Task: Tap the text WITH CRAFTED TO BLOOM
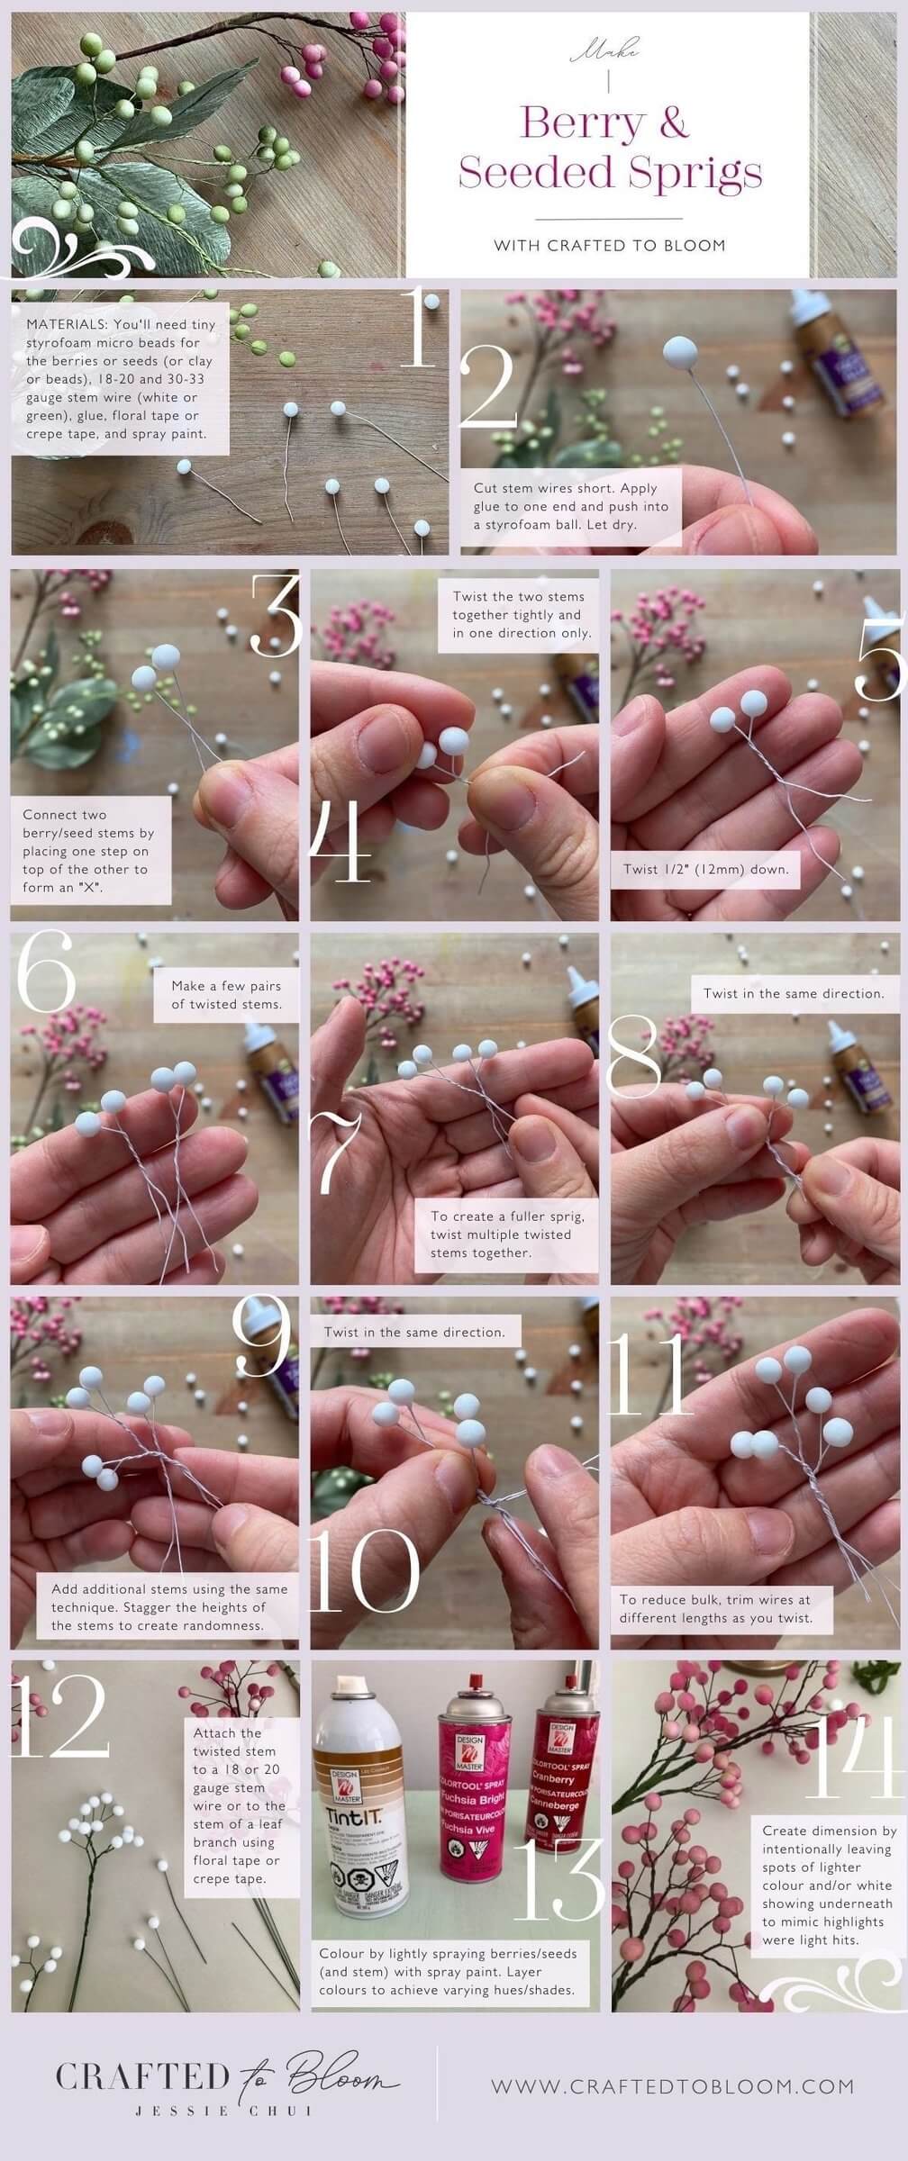click(610, 245)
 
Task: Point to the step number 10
click(364, 1570)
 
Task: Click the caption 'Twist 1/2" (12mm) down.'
click(705, 870)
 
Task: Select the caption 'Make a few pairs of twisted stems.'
click(226, 995)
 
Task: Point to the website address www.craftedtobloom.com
click(672, 2085)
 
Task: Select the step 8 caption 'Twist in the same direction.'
click(794, 993)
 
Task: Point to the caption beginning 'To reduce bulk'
click(715, 1608)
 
